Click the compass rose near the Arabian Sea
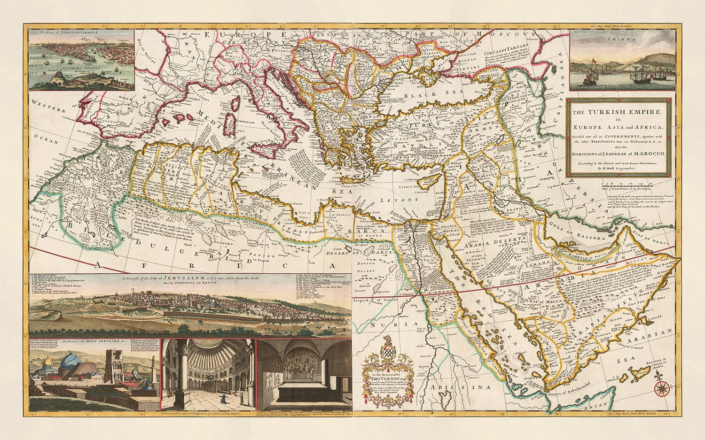[x=663, y=388]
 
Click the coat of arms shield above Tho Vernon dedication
[x=387, y=353]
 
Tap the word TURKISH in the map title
[x=611, y=112]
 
